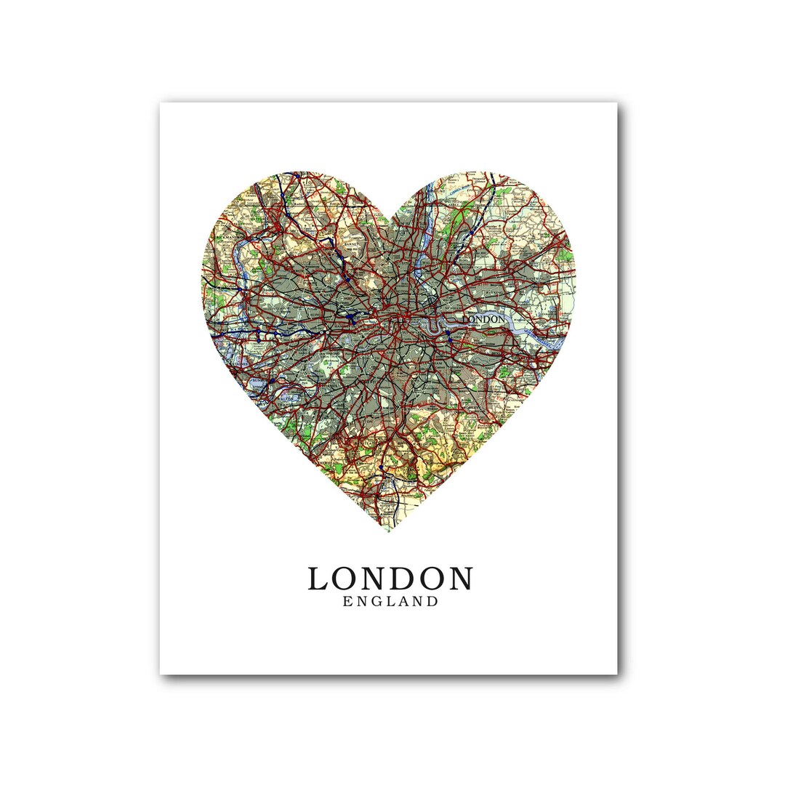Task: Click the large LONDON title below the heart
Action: (390, 579)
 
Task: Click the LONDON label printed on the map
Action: (483, 318)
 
